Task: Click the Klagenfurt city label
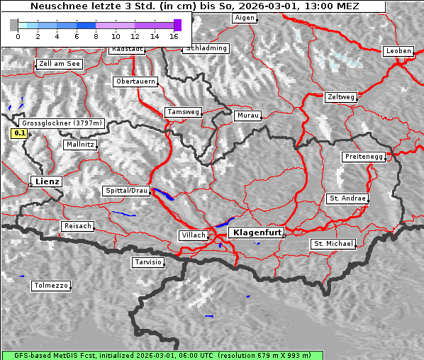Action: [257, 232]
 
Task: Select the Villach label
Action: [193, 235]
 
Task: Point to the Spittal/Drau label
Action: [127, 191]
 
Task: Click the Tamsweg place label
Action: [184, 112]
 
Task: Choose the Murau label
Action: [248, 115]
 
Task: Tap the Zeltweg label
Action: [340, 96]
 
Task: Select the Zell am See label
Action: [60, 64]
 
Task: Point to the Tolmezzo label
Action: [51, 286]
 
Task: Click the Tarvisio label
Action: [148, 262]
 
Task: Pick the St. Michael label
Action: [333, 244]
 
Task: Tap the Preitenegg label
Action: [364, 156]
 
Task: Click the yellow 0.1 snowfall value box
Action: [20, 133]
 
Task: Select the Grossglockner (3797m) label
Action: [62, 123]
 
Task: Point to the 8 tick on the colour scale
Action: [96, 36]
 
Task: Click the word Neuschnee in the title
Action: [55, 6]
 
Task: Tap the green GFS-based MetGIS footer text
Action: [156, 355]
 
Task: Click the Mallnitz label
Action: [79, 144]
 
